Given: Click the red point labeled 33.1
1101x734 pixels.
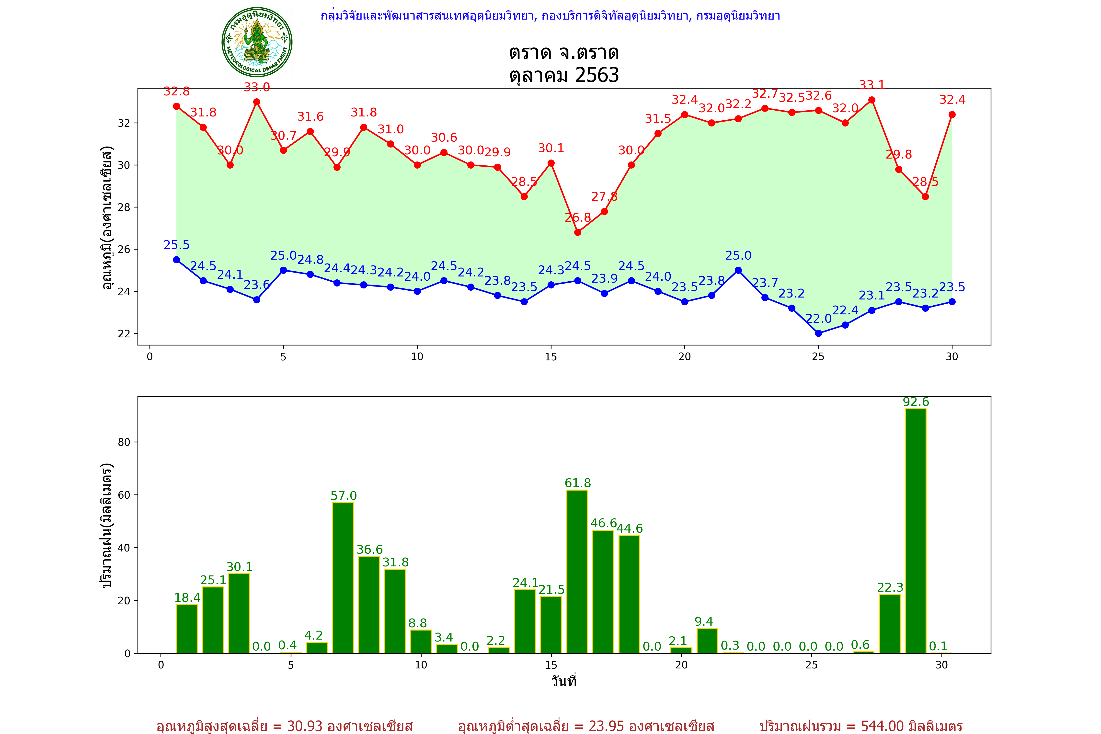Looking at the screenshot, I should (872, 100).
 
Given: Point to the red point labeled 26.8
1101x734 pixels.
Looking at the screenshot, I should (578, 232).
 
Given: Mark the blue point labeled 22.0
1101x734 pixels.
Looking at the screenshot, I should (818, 333).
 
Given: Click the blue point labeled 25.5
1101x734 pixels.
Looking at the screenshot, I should (176, 260).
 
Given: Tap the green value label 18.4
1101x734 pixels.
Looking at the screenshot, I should (187, 598).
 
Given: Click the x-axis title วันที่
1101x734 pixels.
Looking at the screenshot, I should (564, 681).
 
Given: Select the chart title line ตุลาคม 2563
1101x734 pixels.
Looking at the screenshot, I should (564, 75).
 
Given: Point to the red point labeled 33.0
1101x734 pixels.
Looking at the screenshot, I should (256, 102).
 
